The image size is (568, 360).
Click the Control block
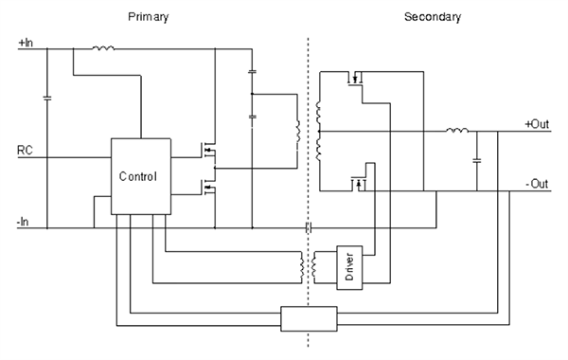[140, 177]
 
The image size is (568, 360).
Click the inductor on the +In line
[103, 45]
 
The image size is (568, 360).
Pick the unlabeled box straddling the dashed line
[309, 317]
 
